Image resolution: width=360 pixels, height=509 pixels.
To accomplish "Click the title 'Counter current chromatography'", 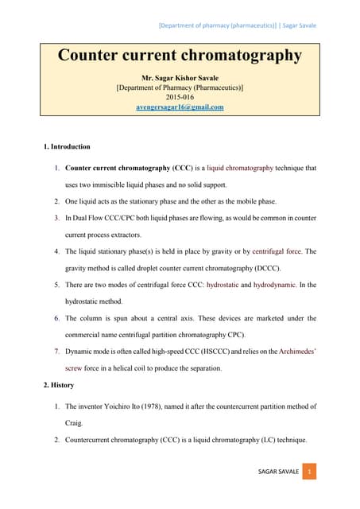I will click(180, 56).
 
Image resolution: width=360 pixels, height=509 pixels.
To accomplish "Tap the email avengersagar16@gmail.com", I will click(180, 107).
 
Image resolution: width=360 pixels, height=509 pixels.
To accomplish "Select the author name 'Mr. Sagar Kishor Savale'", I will click(180, 79).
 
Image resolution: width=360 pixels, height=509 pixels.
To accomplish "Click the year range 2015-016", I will click(180, 97).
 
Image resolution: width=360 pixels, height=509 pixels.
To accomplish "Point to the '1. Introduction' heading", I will click(66, 147).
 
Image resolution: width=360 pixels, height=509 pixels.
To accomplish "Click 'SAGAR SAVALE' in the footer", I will click(279, 472).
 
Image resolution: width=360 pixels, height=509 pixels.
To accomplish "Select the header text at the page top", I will click(237, 25).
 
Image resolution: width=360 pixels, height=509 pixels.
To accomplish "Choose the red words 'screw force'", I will click(81, 368).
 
